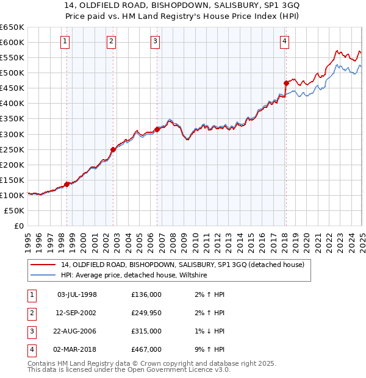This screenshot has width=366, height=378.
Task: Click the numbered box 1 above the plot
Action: click(65, 41)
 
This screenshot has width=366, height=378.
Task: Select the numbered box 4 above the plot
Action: click(284, 41)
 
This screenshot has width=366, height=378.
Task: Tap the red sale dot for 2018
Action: click(286, 83)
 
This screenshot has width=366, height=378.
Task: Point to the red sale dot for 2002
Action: click(113, 149)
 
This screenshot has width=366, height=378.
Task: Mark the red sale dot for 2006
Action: click(157, 129)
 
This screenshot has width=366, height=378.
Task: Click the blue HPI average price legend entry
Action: click(134, 276)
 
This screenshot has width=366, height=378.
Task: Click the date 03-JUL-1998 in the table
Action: click(77, 294)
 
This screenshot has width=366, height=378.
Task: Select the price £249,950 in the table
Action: click(146, 313)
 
